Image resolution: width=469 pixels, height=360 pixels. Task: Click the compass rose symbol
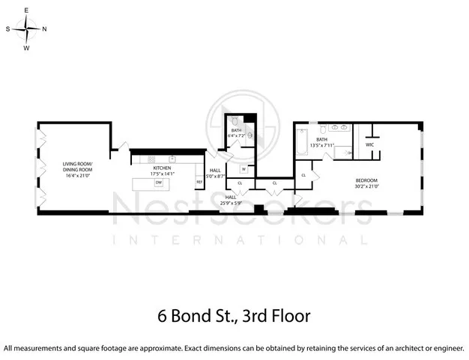(x=27, y=29)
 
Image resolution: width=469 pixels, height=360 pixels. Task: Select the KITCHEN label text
(x=163, y=168)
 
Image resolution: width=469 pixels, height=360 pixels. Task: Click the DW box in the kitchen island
(x=158, y=183)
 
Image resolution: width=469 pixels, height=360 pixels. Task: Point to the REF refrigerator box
(x=199, y=182)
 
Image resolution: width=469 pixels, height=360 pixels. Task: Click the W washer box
(x=243, y=169)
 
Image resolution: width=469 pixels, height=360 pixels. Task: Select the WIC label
(x=369, y=144)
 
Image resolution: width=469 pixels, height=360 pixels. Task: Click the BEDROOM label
(x=366, y=180)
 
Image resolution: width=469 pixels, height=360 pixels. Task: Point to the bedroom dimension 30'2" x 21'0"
(x=366, y=185)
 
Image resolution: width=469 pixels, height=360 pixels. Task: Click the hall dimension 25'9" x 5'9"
(x=231, y=203)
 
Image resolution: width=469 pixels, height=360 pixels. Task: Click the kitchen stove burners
(x=152, y=159)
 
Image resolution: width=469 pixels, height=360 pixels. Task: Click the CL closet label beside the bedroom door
(x=303, y=175)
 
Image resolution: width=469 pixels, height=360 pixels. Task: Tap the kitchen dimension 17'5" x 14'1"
(x=163, y=174)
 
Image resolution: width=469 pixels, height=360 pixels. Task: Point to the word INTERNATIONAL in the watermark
(x=240, y=240)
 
